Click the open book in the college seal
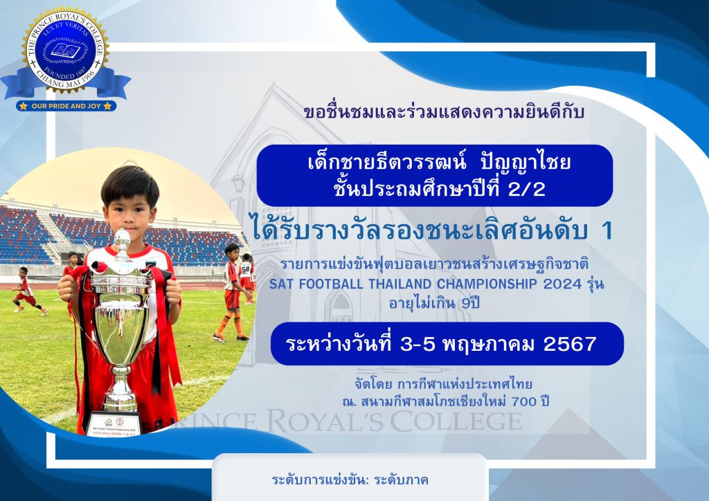click(x=66, y=50)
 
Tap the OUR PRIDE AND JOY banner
click(x=66, y=106)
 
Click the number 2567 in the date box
click(x=570, y=344)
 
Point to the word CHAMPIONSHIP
click(x=487, y=284)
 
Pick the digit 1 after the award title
click(x=607, y=231)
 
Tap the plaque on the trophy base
click(x=114, y=425)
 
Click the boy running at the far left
click(x=27, y=291)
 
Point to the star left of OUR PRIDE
click(x=23, y=106)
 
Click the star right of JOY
click(x=107, y=106)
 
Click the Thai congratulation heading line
click(x=444, y=111)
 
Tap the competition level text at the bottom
click(x=350, y=480)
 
